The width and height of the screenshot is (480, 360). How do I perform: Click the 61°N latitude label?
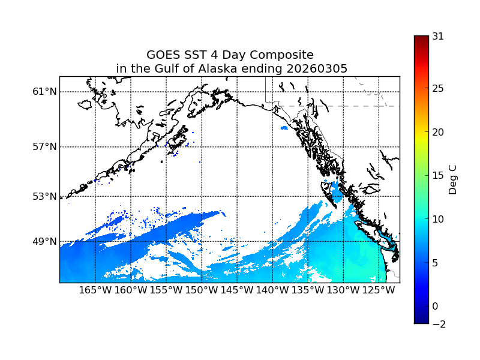pos(45,92)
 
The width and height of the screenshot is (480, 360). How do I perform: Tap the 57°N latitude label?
pos(45,147)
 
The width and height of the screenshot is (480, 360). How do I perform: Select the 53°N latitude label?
pos(45,196)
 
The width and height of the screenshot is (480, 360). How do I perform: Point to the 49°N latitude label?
pos(45,242)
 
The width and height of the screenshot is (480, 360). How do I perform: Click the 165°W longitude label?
pos(95,290)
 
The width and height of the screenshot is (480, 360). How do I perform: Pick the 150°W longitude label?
pos(202,290)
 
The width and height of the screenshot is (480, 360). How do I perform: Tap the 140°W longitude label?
pos(272,290)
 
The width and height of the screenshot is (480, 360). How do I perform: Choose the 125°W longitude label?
pos(379,290)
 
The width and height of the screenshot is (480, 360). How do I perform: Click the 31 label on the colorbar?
pos(438,36)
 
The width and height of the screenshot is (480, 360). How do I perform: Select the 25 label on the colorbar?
pos(438,89)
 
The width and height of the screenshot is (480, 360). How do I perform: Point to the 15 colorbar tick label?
pos(438,176)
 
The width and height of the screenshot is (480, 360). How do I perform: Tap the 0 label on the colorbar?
pos(435,307)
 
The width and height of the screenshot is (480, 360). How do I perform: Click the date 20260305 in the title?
pos(317,69)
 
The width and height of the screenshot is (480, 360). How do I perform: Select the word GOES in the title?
pos(164,55)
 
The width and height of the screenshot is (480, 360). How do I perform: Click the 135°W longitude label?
pos(308,290)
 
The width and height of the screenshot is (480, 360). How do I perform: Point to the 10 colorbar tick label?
pos(438,220)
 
